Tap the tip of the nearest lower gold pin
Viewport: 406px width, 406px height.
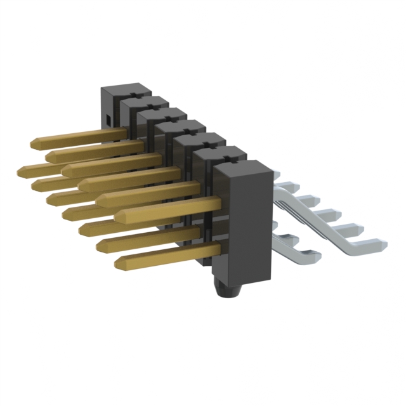point(118,261)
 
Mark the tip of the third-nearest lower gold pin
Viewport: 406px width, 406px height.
point(82,228)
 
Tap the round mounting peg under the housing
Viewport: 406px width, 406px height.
point(226,292)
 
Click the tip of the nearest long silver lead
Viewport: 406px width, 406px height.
point(383,242)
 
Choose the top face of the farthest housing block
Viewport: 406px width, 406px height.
point(125,88)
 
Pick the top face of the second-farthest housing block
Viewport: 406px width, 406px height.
point(143,101)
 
